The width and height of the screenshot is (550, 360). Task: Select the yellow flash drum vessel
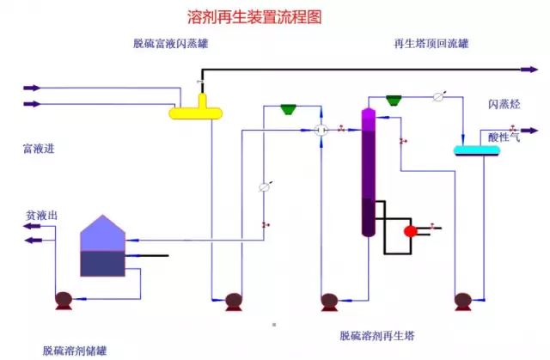[199, 111]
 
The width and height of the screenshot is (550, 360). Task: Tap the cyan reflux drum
[476, 150]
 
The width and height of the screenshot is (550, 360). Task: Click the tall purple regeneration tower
[368, 172]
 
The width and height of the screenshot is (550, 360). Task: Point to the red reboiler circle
[410, 229]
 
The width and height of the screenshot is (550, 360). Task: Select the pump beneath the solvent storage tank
[63, 301]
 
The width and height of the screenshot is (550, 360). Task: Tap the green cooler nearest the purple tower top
[395, 100]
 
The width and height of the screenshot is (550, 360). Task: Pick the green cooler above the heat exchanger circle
[289, 109]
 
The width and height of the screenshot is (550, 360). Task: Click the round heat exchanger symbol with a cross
[321, 130]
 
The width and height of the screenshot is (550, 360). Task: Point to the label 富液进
[39, 148]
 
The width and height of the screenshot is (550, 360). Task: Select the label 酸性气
[504, 137]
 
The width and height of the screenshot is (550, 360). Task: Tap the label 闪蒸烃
[504, 105]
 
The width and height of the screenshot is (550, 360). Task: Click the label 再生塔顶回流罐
[430, 44]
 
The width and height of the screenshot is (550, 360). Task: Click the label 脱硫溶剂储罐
[76, 351]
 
